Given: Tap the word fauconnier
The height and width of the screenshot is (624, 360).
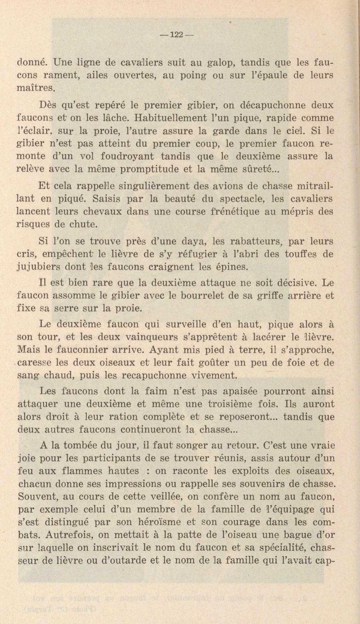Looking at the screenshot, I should pyautogui.click(x=84, y=350).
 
